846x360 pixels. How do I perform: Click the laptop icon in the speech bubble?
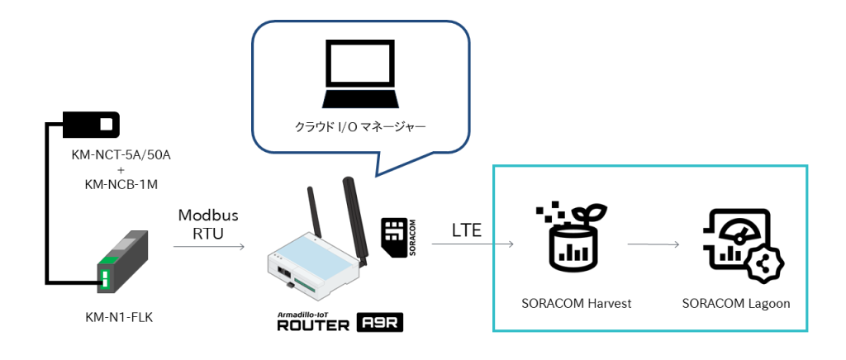(360, 74)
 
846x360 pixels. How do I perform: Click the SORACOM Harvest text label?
(576, 303)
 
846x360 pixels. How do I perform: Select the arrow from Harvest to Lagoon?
(653, 244)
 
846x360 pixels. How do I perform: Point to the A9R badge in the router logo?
(378, 323)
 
